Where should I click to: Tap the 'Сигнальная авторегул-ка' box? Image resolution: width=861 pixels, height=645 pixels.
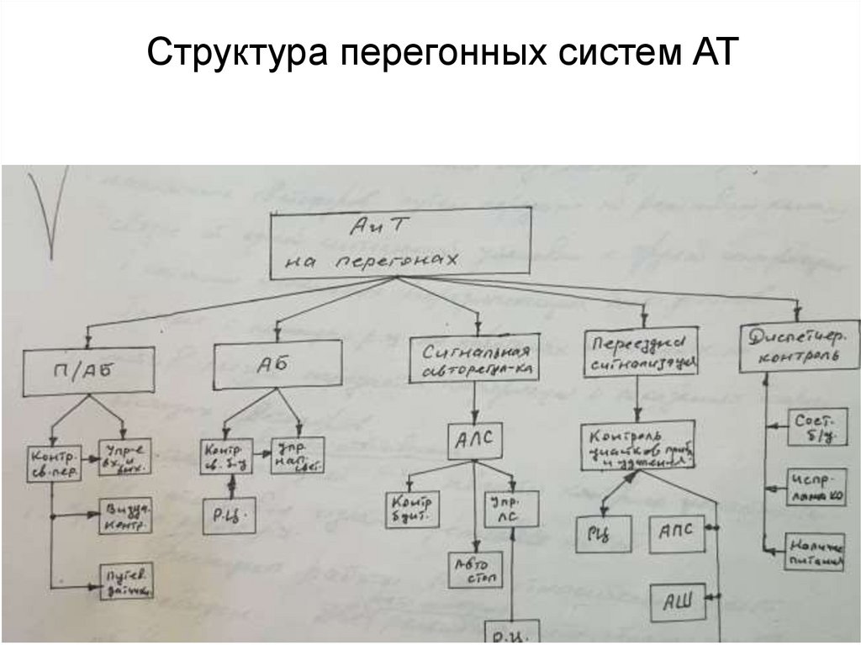click(476, 360)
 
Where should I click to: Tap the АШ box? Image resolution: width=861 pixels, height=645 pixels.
click(677, 600)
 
